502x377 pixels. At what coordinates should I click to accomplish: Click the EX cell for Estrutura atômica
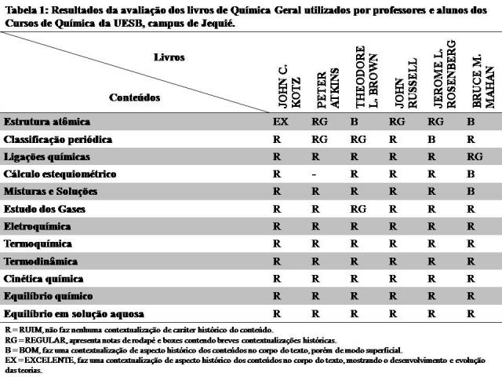(281, 122)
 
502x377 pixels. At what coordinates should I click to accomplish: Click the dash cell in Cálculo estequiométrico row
(314, 174)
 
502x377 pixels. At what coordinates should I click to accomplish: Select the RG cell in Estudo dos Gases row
(358, 209)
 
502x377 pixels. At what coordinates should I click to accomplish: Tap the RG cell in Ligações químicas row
(475, 156)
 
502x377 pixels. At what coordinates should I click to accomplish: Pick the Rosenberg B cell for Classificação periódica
(431, 139)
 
